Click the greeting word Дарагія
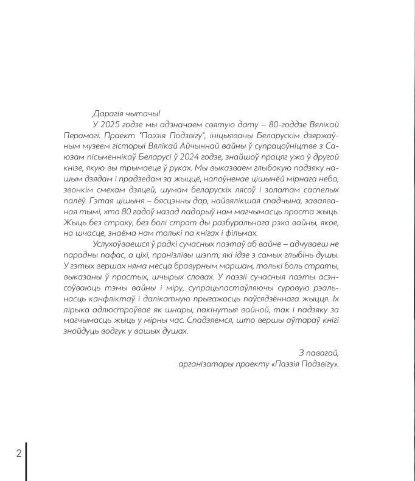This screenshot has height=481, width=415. pos(108,113)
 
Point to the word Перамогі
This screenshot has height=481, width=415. pos(81,135)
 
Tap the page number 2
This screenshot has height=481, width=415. pos(18,453)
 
